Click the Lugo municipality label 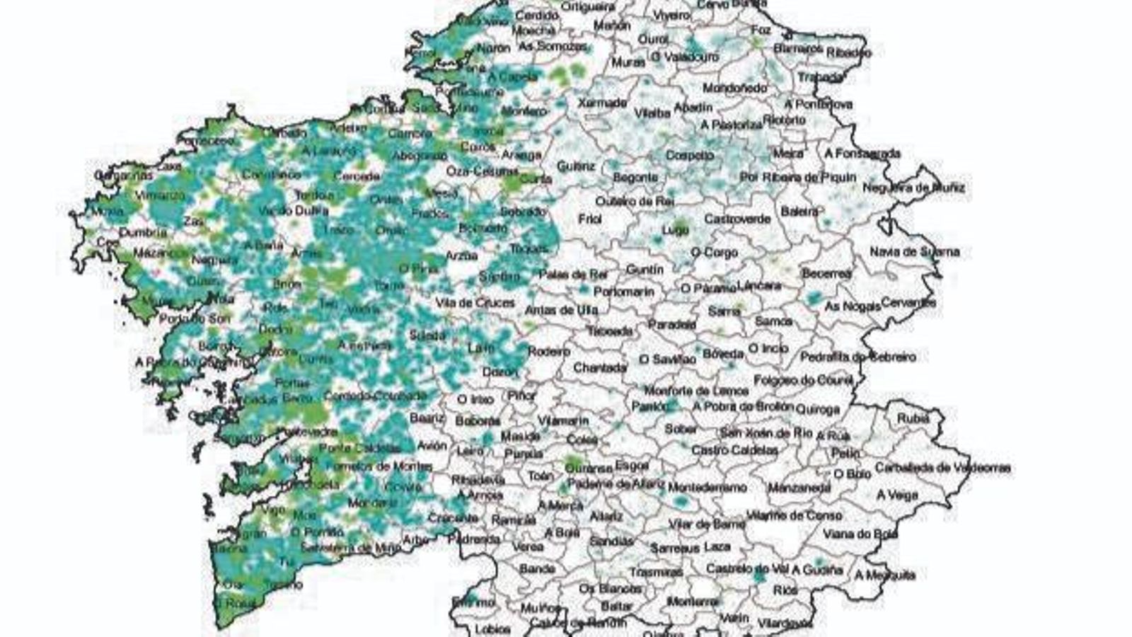tap(674, 230)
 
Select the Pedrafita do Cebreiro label tap(857, 357)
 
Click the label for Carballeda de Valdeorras tap(942, 468)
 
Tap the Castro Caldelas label tap(734, 450)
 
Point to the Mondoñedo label tap(734, 88)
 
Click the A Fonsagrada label tap(862, 153)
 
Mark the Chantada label tap(600, 368)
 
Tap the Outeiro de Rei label tap(634, 201)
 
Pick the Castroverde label tap(737, 219)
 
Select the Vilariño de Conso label tap(795, 515)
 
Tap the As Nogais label tap(853, 306)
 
